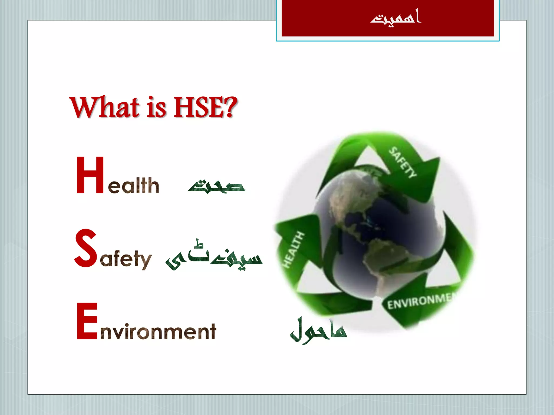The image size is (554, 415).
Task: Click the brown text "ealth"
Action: click(133, 186)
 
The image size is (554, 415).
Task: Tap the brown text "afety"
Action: click(126, 259)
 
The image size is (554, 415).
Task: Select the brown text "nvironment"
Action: click(158, 332)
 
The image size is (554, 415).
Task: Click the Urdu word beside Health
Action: click(216, 186)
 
